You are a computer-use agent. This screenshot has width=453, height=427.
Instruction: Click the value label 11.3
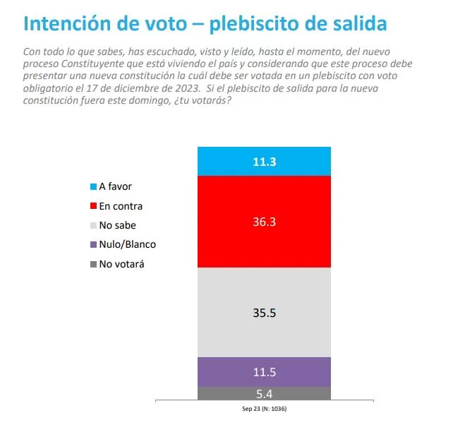point(264,162)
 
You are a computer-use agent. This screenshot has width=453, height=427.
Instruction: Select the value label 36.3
point(264,222)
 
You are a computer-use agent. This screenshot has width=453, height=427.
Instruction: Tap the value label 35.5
point(264,312)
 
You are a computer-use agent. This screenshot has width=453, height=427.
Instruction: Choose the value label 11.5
point(264,372)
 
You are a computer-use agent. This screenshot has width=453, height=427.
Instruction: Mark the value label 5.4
point(264,393)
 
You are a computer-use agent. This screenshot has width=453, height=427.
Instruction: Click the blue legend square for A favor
point(93,186)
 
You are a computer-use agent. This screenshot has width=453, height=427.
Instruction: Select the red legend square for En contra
point(93,205)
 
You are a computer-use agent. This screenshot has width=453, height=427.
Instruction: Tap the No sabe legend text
point(118,225)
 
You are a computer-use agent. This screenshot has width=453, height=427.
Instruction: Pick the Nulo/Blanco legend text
point(128,244)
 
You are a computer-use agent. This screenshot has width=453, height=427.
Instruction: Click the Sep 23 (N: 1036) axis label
point(264,409)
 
